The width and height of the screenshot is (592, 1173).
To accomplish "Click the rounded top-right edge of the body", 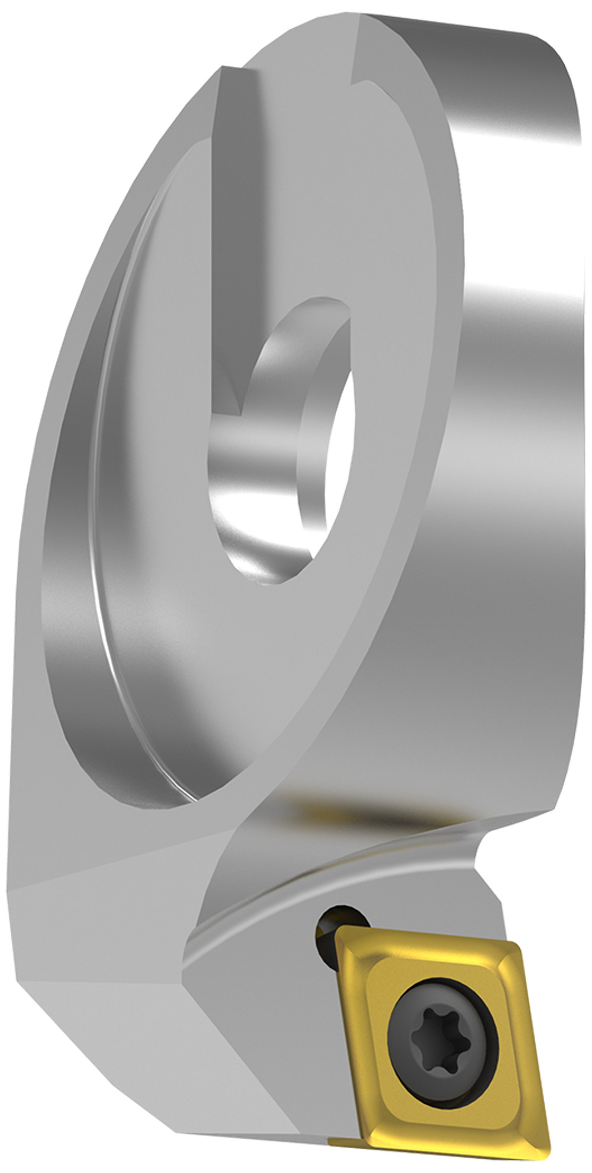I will [556, 59].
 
